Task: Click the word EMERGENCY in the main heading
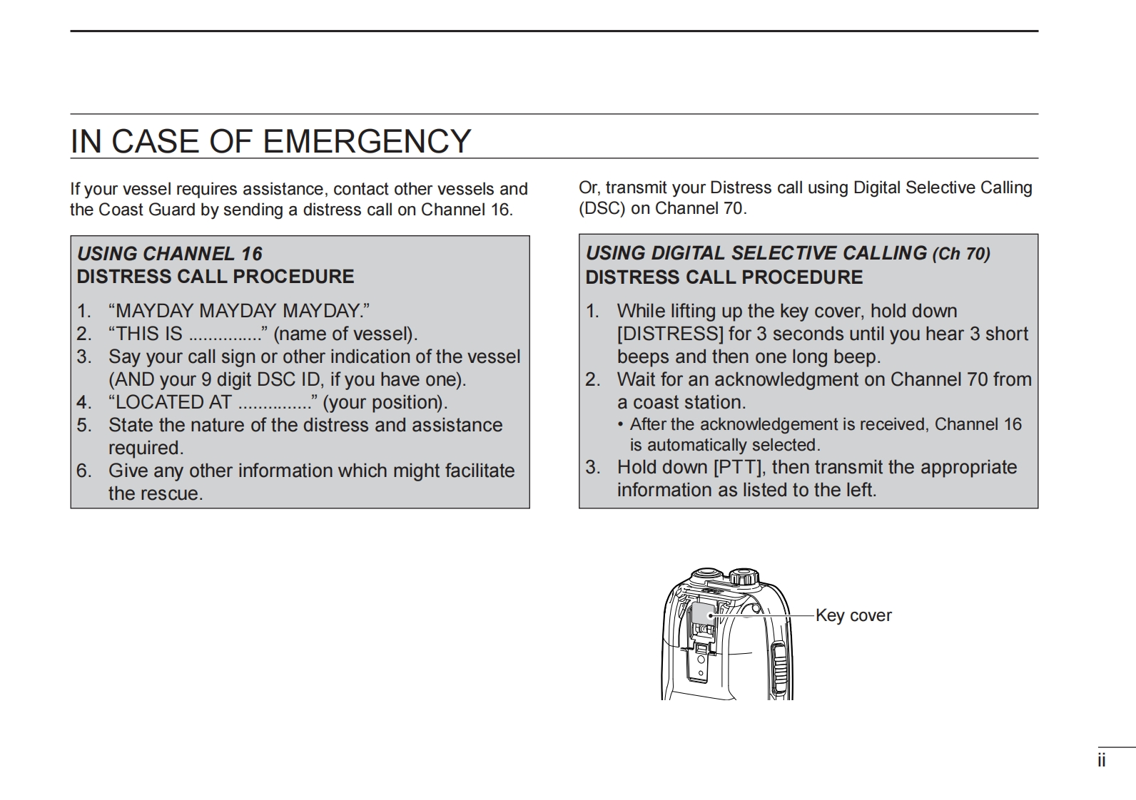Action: (367, 141)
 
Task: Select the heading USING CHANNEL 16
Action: (170, 254)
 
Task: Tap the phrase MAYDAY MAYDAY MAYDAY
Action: (239, 311)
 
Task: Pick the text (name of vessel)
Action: (345, 334)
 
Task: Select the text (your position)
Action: (385, 402)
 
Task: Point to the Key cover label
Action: (853, 615)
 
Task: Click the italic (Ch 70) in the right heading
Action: (961, 254)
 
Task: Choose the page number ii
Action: (1102, 761)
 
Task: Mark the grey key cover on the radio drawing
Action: (704, 613)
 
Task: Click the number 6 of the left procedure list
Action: (83, 471)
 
